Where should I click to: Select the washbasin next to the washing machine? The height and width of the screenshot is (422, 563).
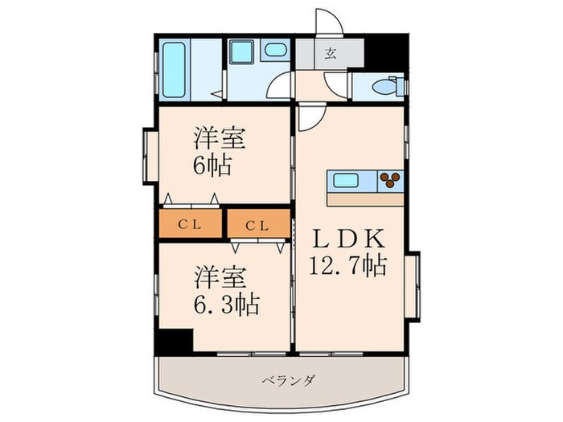coord(275,50)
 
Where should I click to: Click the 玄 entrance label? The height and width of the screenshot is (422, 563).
coord(330,55)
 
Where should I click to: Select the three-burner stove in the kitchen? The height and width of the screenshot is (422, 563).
coord(390,181)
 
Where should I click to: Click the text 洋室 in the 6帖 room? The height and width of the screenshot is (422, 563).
coord(218,137)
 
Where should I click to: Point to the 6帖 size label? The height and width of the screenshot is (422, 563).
coord(212,166)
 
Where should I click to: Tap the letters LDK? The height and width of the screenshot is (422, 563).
coord(349,239)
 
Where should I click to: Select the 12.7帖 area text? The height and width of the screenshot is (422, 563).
coord(350,264)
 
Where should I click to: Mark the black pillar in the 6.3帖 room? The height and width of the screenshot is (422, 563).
coord(174,340)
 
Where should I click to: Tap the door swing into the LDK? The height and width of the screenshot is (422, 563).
coord(312,119)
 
